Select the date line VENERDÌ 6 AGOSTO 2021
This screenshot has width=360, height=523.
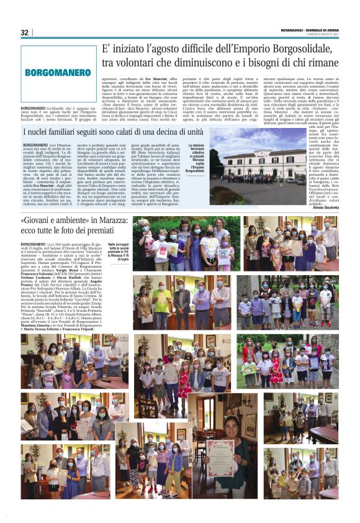[x=320, y=34]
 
